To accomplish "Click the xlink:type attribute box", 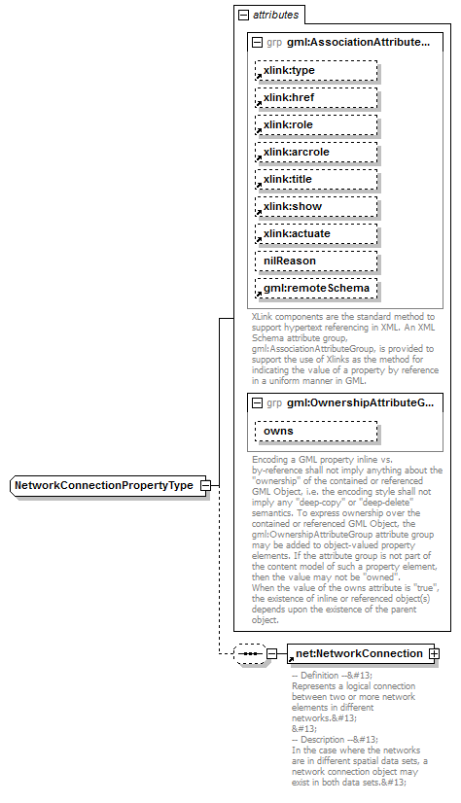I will (316, 71).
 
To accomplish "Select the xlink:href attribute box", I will (316, 98).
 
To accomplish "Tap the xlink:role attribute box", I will (316, 125).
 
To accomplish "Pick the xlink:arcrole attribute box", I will (316, 153).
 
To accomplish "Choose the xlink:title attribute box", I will (316, 180).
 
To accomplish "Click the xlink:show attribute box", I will (316, 207).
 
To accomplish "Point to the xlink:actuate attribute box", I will (316, 234).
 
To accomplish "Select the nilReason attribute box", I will (316, 262).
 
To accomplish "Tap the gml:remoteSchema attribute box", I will (316, 289).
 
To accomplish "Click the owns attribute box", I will (316, 431).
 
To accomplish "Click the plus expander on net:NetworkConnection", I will (434, 653).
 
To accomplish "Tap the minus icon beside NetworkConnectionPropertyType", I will (205, 485).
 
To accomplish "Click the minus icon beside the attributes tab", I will (243, 16).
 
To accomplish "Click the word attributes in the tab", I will (276, 16).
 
